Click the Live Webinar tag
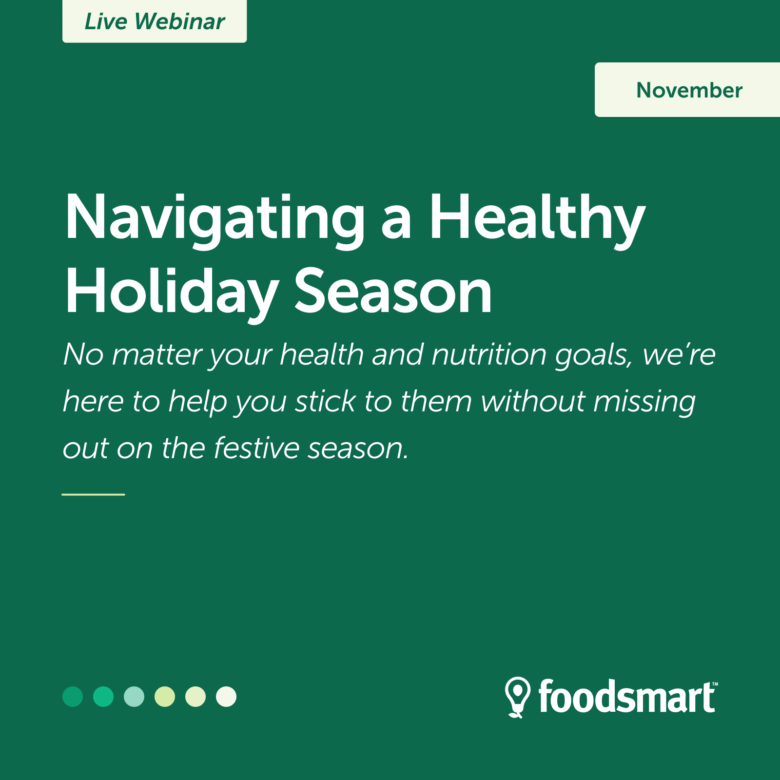tap(155, 21)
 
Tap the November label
tap(687, 90)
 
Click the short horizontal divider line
tap(93, 494)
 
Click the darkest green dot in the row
tap(73, 697)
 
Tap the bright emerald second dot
tap(103, 697)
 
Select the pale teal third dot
tap(134, 697)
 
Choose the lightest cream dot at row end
tap(226, 697)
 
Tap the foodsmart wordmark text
tap(626, 697)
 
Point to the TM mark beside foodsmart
tap(715, 684)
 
